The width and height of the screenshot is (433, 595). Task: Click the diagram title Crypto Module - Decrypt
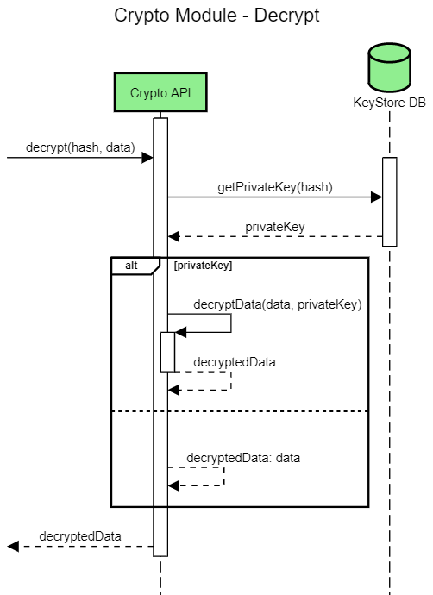(x=216, y=17)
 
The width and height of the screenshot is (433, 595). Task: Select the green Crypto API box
(x=160, y=93)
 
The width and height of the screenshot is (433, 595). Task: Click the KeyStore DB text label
(x=389, y=103)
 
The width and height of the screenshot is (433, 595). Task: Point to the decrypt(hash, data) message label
(x=80, y=147)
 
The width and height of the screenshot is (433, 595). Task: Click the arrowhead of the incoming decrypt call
(x=147, y=158)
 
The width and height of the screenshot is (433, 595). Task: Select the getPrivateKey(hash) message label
(x=275, y=186)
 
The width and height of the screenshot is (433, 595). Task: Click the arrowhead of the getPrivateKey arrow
(x=377, y=197)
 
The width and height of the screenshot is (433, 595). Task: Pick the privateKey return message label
(x=275, y=226)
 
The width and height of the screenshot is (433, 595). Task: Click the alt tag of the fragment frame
(x=132, y=266)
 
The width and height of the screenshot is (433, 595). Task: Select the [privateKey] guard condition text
(x=203, y=266)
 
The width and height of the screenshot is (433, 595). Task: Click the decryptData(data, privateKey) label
(x=277, y=304)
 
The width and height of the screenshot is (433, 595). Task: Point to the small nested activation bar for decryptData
(x=167, y=352)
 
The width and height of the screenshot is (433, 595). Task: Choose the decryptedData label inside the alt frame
(x=235, y=362)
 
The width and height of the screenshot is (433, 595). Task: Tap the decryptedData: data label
(x=243, y=457)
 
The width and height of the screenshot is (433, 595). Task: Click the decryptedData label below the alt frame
(x=80, y=536)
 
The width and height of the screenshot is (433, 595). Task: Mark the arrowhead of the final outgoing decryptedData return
(x=13, y=546)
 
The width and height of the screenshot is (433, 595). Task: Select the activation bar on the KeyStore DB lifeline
(x=389, y=202)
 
